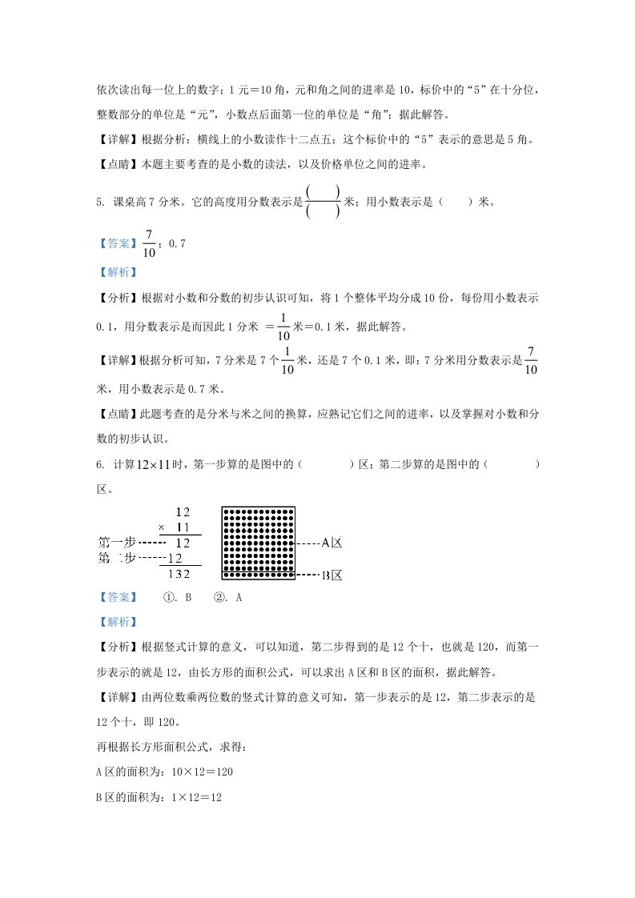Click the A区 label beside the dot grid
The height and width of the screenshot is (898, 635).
(x=332, y=543)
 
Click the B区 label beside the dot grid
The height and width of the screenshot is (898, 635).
(x=332, y=575)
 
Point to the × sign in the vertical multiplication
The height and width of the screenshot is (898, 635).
(x=161, y=527)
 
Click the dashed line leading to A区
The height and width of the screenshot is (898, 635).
(x=307, y=543)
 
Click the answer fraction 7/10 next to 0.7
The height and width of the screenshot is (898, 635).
(x=149, y=243)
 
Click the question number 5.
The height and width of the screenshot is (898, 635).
(x=99, y=202)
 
